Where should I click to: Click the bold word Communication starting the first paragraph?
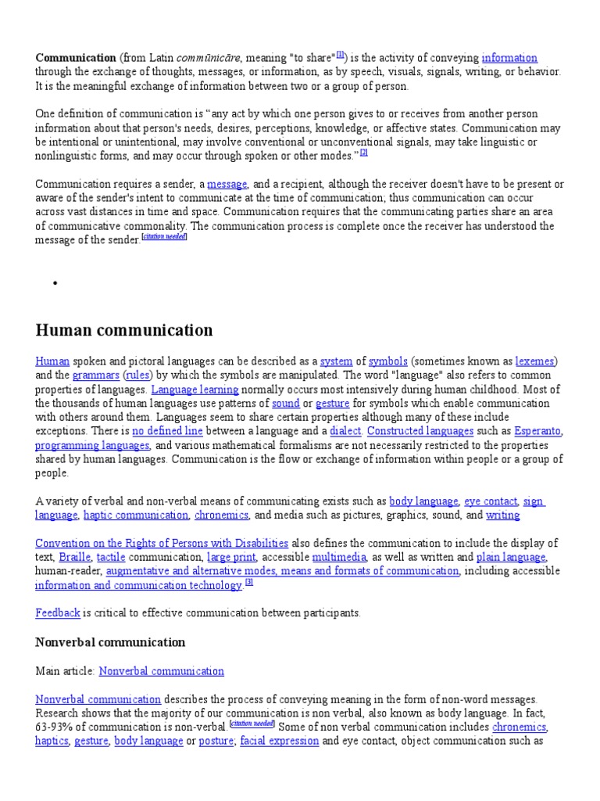[76, 58]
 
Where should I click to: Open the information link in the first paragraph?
[509, 58]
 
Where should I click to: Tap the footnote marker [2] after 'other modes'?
[363, 153]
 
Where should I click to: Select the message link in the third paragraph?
[227, 185]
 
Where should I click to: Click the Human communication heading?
[124, 330]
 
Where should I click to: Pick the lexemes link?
[534, 361]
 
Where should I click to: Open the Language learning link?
[195, 390]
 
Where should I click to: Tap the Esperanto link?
[537, 432]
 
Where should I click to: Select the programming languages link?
[92, 446]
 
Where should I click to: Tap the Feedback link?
[58, 613]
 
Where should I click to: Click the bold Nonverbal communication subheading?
[110, 642]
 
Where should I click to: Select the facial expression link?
[279, 742]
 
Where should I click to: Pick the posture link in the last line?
[216, 742]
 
